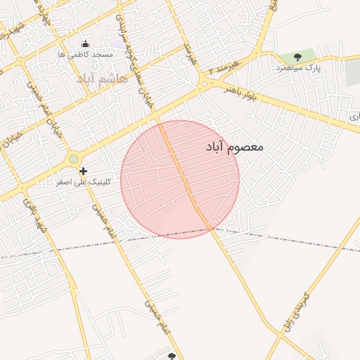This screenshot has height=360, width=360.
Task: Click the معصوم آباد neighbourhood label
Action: [235, 147]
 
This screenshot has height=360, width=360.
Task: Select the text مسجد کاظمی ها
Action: [85, 54]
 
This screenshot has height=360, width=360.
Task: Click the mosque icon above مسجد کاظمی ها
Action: [85, 44]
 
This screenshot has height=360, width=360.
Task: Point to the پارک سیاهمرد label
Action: [298, 67]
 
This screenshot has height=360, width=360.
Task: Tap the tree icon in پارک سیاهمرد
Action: [297, 57]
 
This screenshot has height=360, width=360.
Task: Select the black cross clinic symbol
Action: [83, 171]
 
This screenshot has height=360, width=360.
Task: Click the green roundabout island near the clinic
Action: [74, 159]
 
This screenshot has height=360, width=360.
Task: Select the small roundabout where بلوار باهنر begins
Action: [204, 84]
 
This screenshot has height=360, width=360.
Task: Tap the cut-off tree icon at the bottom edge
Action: [172, 356]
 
